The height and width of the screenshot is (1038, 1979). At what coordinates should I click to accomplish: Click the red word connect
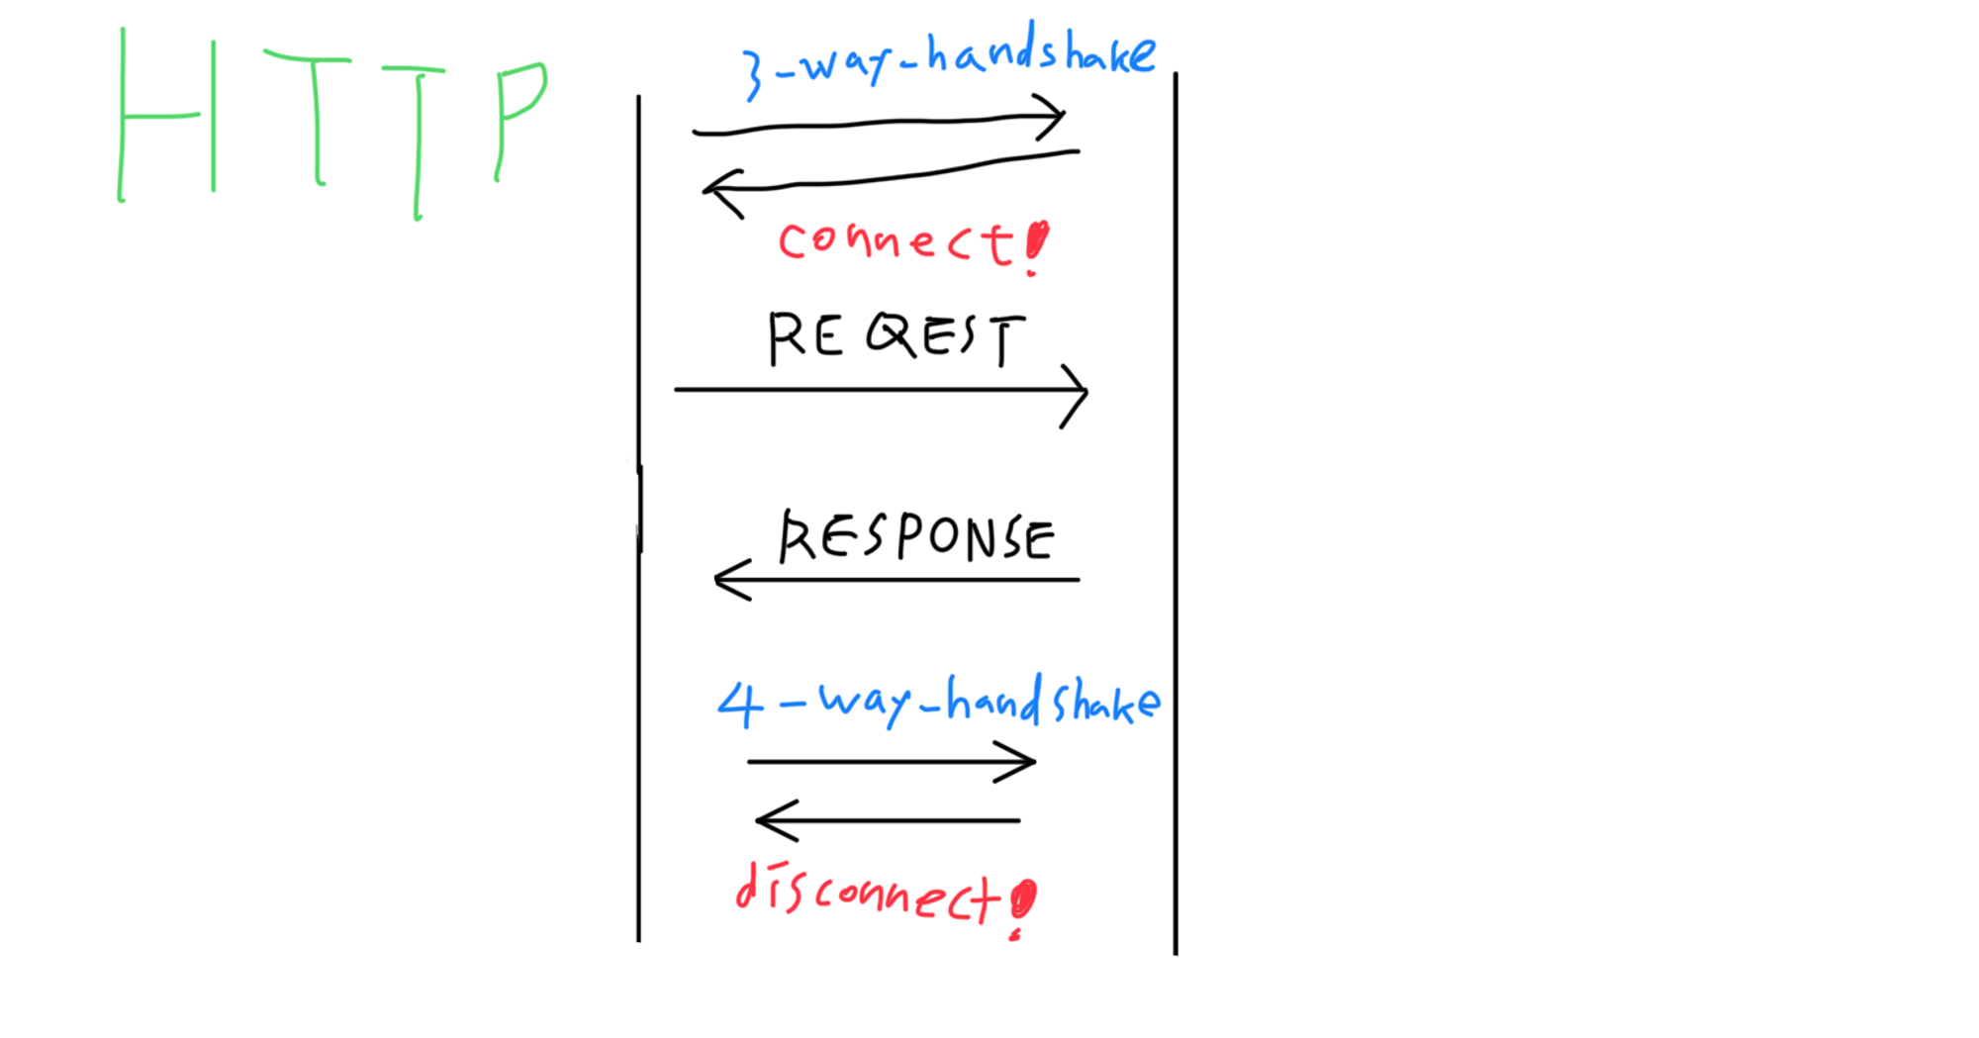[x=895, y=241]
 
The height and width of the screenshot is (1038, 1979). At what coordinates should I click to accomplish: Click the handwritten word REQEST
[x=895, y=336]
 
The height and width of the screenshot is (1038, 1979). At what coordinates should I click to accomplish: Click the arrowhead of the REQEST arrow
[x=1079, y=393]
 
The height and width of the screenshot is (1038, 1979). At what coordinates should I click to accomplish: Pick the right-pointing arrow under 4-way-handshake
[x=891, y=762]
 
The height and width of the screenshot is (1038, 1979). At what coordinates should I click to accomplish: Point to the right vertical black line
[x=1176, y=495]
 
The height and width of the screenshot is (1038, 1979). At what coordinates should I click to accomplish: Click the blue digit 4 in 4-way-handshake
[x=740, y=705]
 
